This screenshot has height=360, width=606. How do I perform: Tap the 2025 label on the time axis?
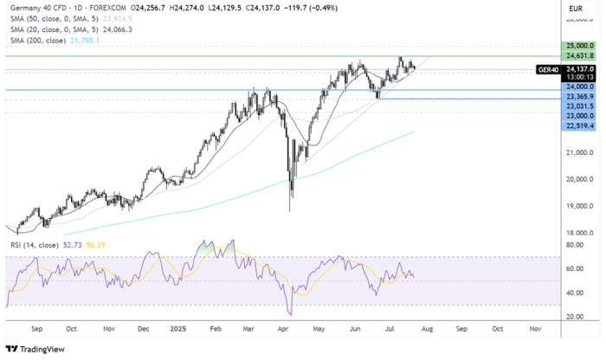coord(179,330)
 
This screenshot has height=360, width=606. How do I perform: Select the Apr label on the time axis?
coord(284,330)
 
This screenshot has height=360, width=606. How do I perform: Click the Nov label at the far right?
coord(535,330)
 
